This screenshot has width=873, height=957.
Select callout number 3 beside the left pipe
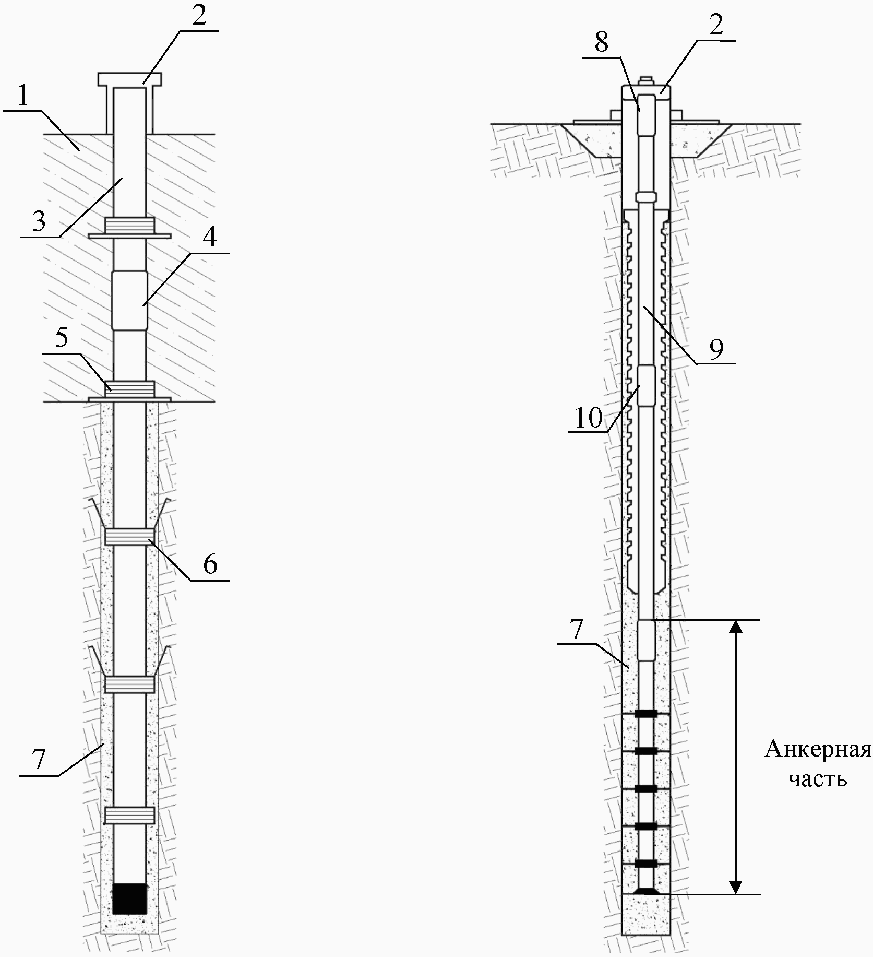[39, 222]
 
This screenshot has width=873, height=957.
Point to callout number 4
[209, 238]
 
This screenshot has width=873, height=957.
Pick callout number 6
[210, 564]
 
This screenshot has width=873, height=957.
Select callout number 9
[716, 348]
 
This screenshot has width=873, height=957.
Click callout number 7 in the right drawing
[576, 630]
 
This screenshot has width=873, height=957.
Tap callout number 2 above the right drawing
[716, 25]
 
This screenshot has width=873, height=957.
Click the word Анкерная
[818, 750]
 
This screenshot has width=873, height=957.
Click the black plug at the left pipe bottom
[129, 898]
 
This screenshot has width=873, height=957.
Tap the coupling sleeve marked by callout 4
[129, 300]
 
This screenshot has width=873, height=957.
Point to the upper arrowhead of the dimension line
[735, 627]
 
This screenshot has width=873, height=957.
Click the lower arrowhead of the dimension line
[735, 888]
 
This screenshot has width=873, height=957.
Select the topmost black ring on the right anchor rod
[646, 713]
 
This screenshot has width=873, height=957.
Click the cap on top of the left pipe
[129, 79]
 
